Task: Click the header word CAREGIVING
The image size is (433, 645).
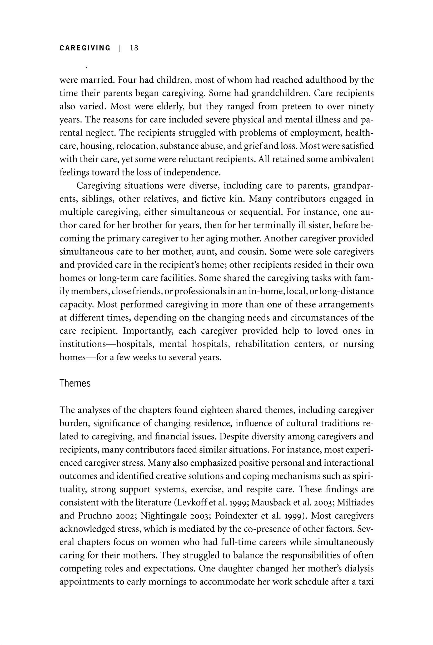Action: click(85, 48)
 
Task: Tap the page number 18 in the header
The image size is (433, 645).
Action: click(134, 48)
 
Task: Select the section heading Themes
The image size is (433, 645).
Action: click(75, 383)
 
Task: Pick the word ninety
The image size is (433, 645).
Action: click(361, 107)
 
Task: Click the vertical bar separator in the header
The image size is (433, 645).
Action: click(120, 48)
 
